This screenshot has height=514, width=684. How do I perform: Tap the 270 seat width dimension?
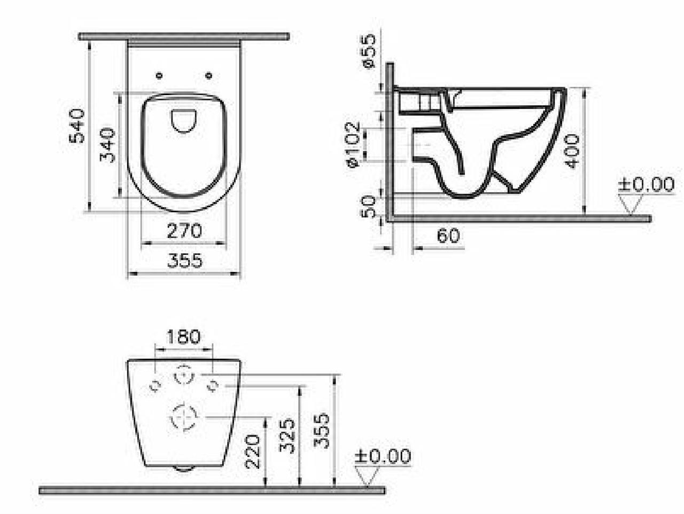coord(185,231)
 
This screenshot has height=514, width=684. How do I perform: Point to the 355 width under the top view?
coord(185,261)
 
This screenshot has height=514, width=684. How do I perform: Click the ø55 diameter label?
coord(369,51)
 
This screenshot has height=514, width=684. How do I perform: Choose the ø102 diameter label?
coord(353,145)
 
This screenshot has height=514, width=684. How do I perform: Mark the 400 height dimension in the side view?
coord(572,151)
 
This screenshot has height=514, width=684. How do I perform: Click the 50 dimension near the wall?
coord(369,206)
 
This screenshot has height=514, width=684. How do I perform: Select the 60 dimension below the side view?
coord(448,235)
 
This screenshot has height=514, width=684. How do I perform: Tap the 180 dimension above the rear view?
coord(183,337)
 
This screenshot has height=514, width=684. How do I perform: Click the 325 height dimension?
coord(287,435)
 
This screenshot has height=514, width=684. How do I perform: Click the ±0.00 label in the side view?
coord(646,185)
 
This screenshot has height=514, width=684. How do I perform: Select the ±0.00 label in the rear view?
coord(383,456)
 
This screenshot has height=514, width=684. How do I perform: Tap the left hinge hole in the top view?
coord(159,75)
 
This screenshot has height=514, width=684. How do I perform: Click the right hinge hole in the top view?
coord(209,75)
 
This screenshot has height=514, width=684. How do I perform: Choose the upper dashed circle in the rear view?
coord(183,375)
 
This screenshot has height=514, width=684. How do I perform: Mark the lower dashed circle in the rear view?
coord(183,417)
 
